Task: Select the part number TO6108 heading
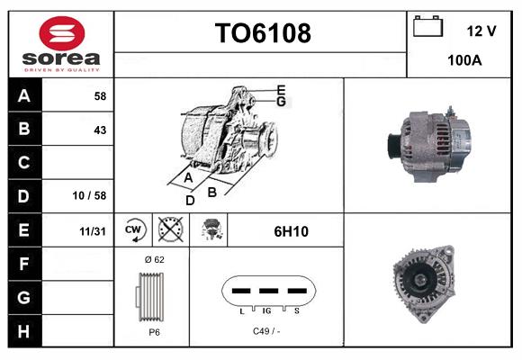[263, 33]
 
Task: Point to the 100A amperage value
[464, 62]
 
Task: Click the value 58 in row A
[100, 95]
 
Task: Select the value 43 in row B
[100, 130]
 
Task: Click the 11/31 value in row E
[93, 231]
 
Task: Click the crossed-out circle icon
[168, 230]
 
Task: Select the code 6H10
[291, 231]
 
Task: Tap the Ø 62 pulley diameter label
[154, 259]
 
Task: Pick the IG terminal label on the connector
[267, 310]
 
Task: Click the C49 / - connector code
[266, 331]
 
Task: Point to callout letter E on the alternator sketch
[281, 89]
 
